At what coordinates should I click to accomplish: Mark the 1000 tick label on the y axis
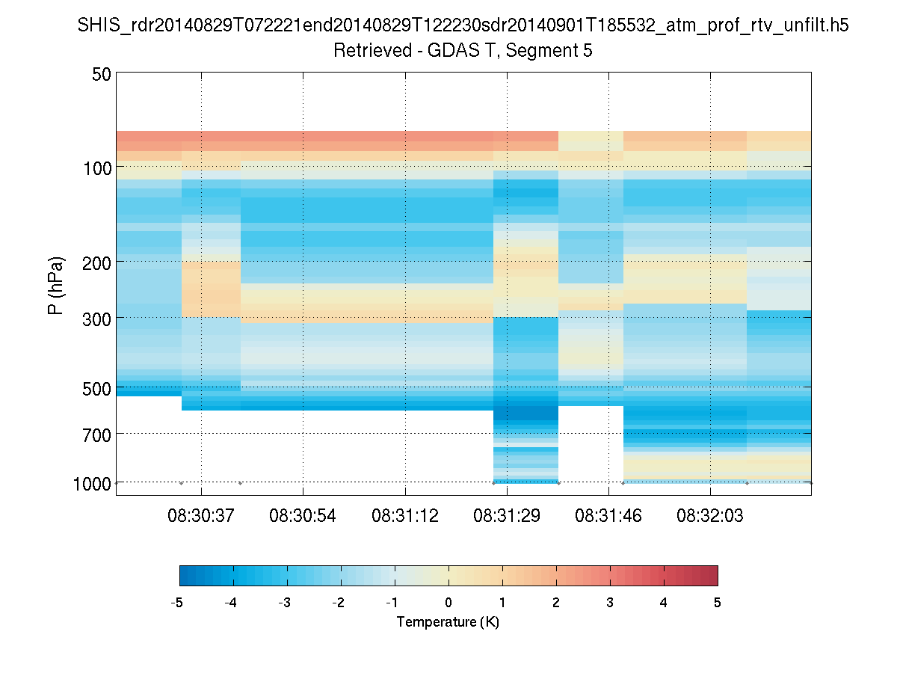click(x=92, y=483)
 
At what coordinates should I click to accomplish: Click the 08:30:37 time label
click(x=201, y=515)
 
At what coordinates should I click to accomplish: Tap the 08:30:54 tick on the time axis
click(x=303, y=515)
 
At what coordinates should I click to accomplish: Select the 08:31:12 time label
click(x=405, y=515)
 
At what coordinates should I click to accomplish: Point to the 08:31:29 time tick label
click(x=507, y=515)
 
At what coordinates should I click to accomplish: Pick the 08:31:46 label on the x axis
click(x=608, y=515)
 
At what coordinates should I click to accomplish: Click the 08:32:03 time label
click(x=710, y=515)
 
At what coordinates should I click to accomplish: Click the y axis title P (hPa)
click(x=56, y=285)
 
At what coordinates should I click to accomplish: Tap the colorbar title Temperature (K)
click(x=448, y=621)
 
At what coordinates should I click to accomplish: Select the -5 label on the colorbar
click(x=177, y=602)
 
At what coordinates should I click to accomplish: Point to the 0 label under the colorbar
click(x=449, y=602)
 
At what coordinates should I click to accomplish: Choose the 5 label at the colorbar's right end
click(x=717, y=602)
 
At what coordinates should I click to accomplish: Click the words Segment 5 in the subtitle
click(x=551, y=51)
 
